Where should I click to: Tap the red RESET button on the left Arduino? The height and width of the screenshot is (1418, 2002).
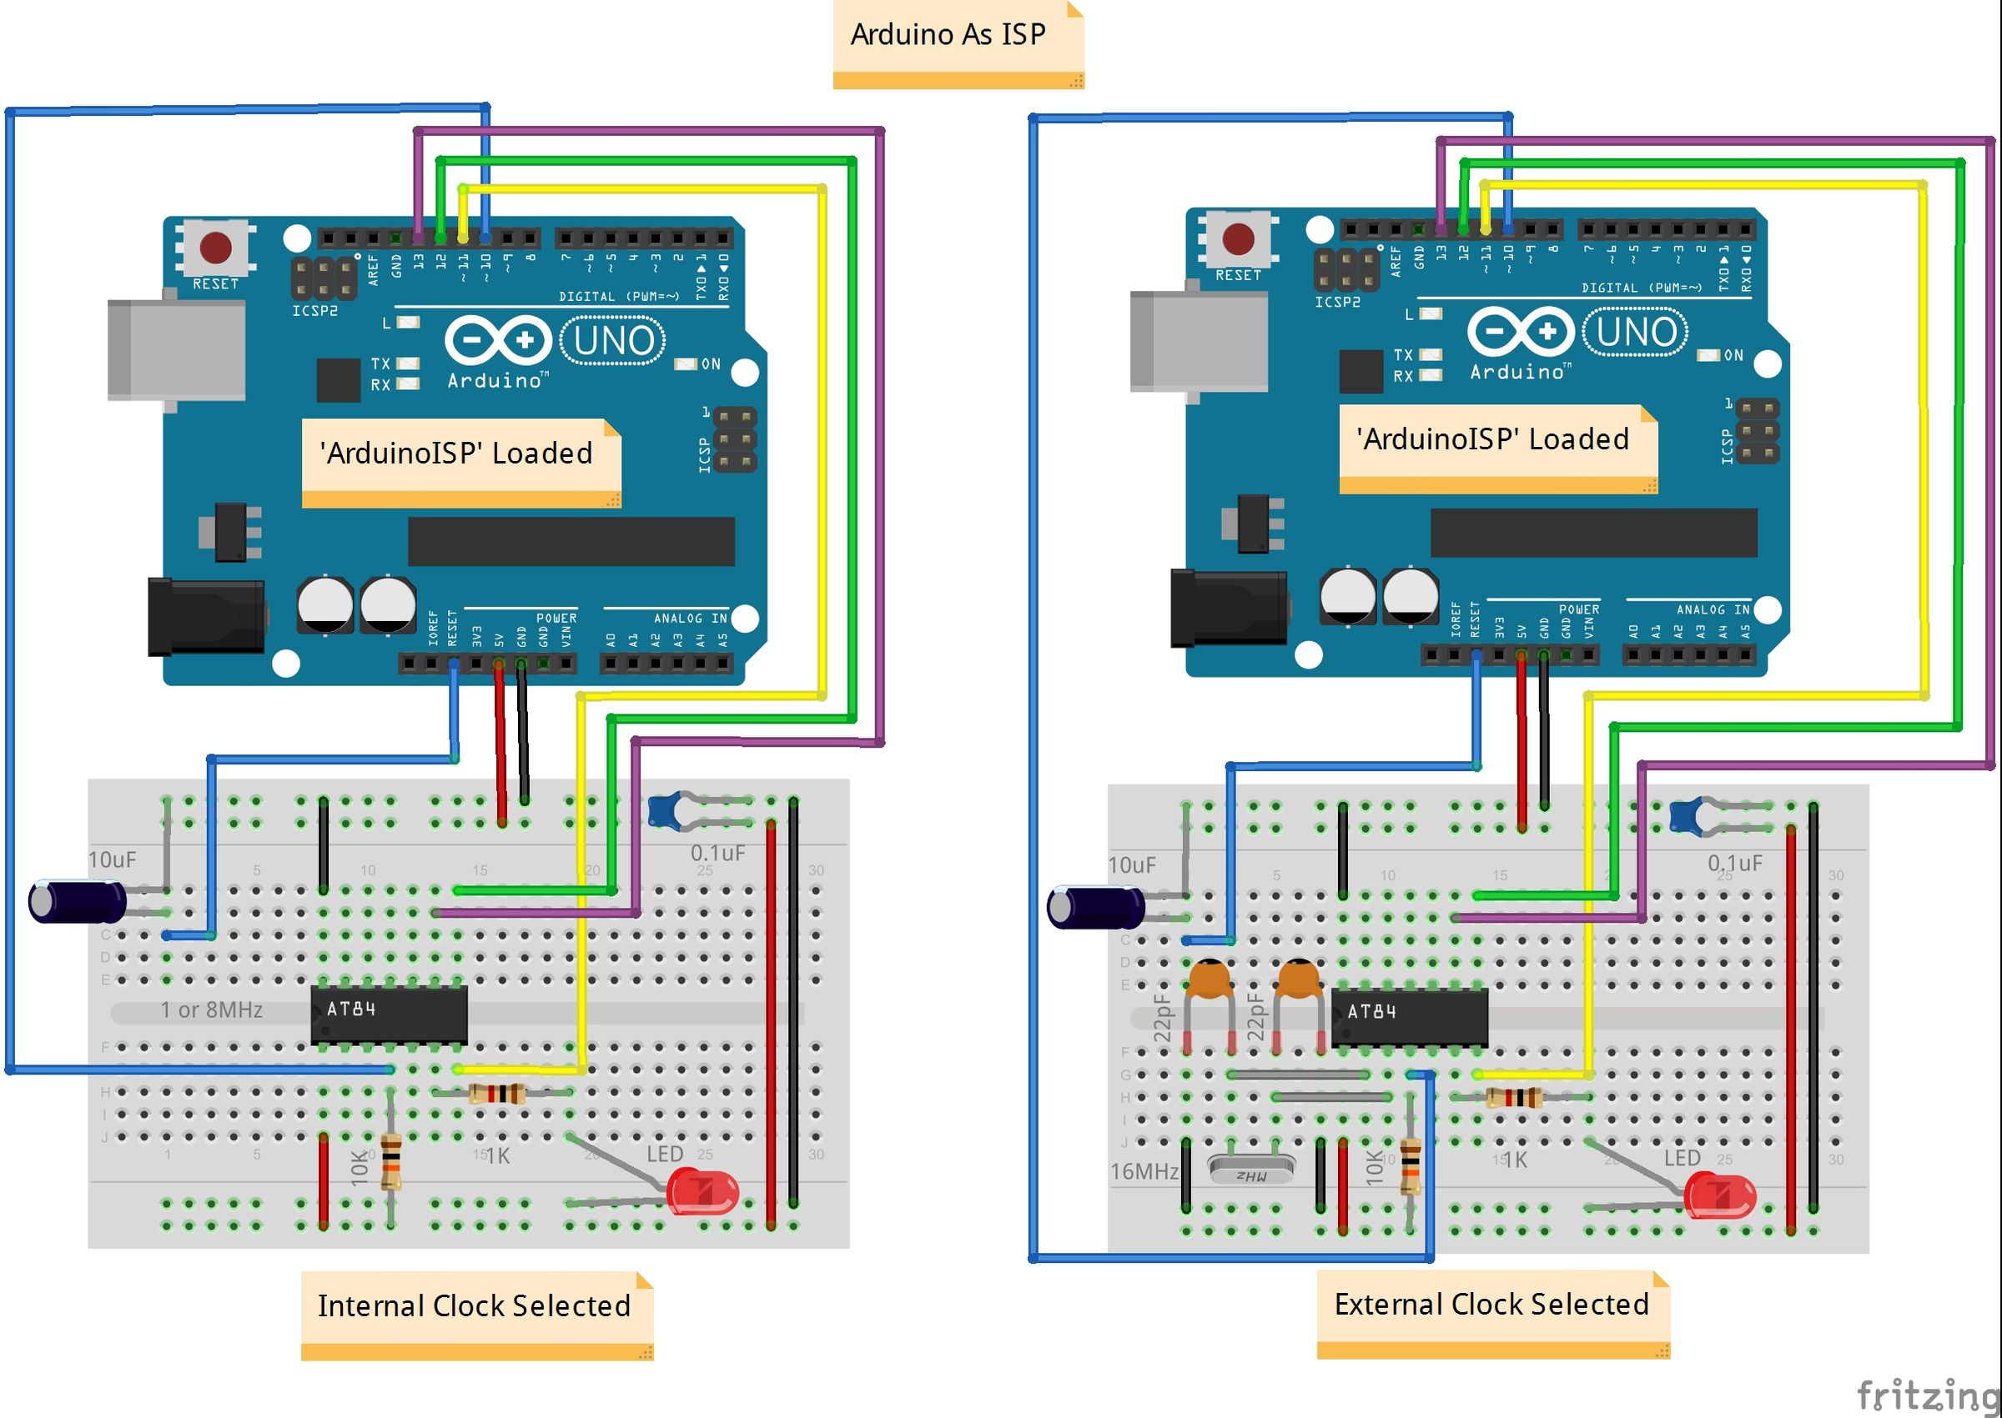click(x=216, y=247)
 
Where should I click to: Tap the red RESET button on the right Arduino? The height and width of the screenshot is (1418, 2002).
click(x=1238, y=238)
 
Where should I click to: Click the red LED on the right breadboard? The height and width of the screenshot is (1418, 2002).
click(x=1719, y=1197)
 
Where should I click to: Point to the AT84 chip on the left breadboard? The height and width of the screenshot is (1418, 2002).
click(x=390, y=1014)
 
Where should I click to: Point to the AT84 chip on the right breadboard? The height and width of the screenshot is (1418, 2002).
click(x=1409, y=1017)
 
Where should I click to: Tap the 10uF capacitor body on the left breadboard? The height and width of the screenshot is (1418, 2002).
click(x=77, y=902)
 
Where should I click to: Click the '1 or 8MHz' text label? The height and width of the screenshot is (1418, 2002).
click(x=211, y=1010)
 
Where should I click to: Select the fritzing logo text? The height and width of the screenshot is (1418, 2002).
click(x=1926, y=1394)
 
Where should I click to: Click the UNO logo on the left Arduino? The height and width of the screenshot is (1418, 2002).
click(x=613, y=340)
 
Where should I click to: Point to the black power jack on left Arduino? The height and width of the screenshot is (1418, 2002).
click(x=206, y=615)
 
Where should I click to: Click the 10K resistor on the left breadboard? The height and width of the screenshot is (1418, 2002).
click(x=391, y=1160)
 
